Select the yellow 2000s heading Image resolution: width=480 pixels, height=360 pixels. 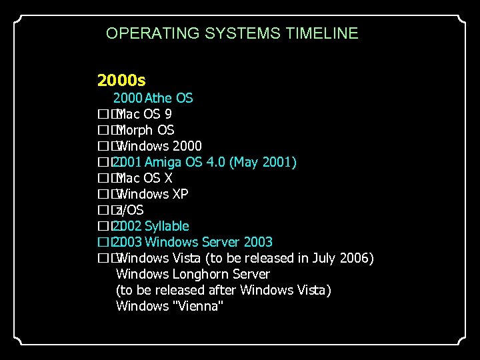tap(121, 81)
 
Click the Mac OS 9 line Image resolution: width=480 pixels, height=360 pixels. tap(144, 114)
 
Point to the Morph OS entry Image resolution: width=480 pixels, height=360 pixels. tap(145, 130)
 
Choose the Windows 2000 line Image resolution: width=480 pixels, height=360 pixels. tap(159, 146)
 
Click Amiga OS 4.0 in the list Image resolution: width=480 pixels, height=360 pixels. tap(185, 162)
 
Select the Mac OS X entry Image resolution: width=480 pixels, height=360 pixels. tap(144, 178)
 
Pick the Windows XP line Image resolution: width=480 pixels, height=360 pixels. tap(152, 194)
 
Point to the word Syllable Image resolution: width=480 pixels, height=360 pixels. tap(167, 226)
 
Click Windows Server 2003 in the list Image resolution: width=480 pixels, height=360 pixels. tap(208, 242)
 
